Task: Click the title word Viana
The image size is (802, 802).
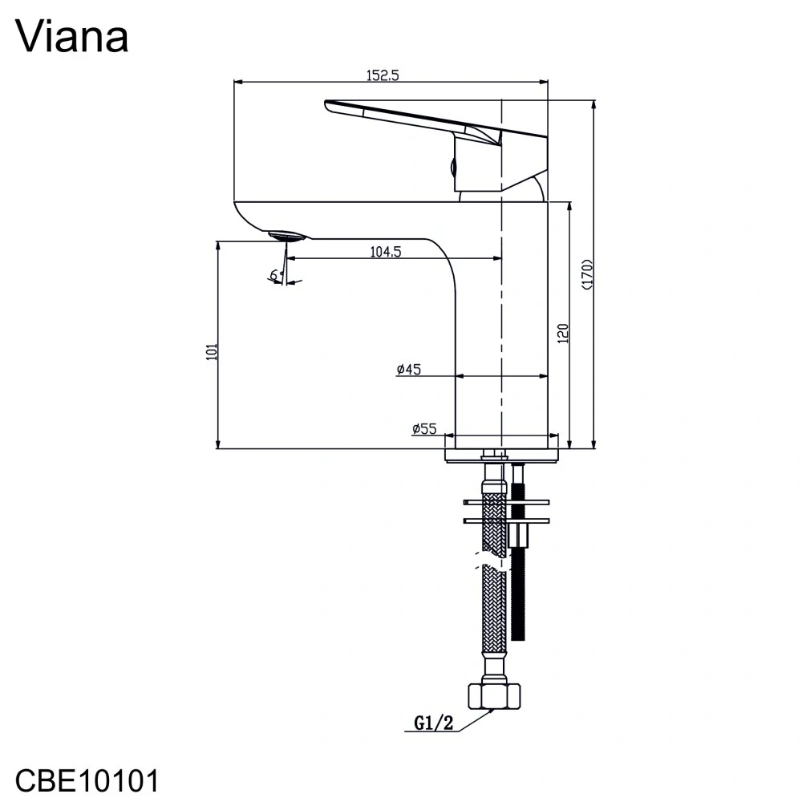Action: (71, 37)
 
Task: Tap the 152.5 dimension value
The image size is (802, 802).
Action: (383, 75)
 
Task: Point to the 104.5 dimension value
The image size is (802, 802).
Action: (385, 251)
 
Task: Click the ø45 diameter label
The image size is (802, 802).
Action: (408, 370)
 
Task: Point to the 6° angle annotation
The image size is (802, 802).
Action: (276, 275)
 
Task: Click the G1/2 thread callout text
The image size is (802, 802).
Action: (434, 723)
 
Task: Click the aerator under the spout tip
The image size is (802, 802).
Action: (286, 236)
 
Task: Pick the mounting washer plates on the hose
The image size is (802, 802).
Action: (507, 512)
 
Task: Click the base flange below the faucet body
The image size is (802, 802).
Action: (501, 455)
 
